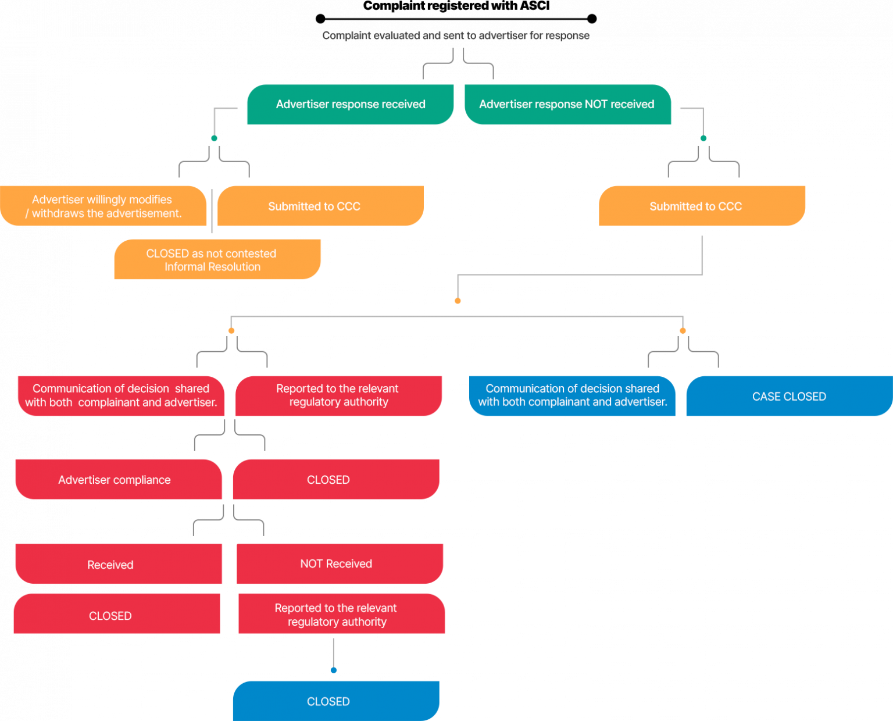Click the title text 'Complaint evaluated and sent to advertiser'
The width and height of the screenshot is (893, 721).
click(456, 36)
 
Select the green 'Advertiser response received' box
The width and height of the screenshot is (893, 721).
click(350, 105)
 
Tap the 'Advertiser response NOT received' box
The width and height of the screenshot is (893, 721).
click(567, 105)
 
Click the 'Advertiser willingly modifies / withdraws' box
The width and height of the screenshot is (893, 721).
click(103, 206)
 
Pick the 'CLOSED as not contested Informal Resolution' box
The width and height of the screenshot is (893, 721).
click(217, 260)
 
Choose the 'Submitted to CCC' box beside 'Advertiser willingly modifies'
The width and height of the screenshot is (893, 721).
click(320, 206)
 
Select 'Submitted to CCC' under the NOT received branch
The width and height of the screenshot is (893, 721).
click(702, 206)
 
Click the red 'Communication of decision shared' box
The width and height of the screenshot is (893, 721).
click(121, 395)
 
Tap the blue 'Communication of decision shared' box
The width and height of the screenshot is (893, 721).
click(573, 395)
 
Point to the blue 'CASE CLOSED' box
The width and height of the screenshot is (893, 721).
click(789, 397)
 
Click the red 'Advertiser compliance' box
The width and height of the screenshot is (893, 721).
click(119, 480)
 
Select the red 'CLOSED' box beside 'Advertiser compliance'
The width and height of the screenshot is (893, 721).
click(336, 480)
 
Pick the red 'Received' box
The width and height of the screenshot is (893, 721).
click(119, 564)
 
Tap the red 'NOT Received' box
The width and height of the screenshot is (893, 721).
click(340, 563)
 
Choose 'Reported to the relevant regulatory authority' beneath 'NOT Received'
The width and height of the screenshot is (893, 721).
click(341, 614)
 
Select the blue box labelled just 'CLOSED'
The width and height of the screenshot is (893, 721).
click(336, 701)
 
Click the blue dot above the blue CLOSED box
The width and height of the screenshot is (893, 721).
click(333, 670)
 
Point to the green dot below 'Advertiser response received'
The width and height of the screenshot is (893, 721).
click(215, 138)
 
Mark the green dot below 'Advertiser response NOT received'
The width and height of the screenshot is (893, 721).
click(703, 138)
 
